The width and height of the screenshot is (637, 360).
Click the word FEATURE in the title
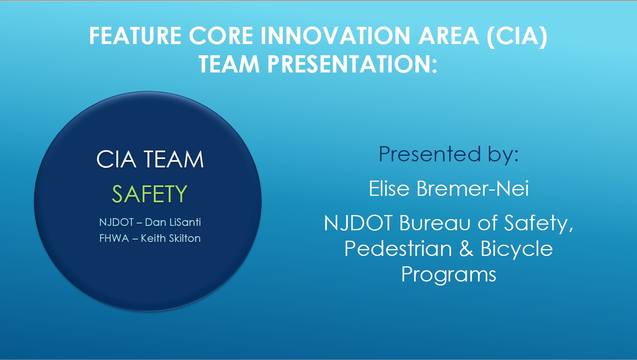[x=135, y=36]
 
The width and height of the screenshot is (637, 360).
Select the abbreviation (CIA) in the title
[x=517, y=36]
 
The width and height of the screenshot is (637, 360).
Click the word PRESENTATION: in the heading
[x=352, y=64]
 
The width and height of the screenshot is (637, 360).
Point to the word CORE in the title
[x=221, y=36]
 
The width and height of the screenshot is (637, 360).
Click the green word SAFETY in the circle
[x=149, y=194]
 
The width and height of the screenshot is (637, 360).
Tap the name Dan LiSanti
[x=173, y=222]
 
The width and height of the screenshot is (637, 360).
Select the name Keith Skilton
[x=171, y=238]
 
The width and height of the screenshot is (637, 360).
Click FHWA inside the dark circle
[x=114, y=238]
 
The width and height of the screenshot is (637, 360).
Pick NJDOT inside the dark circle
[x=116, y=222]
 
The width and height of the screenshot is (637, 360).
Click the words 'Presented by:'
[x=449, y=154]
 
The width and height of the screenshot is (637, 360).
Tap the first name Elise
[x=389, y=188]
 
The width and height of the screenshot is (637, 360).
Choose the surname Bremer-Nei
[x=473, y=188]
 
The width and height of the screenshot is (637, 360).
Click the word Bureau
[x=435, y=223]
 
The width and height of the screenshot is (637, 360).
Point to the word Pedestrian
[x=398, y=249]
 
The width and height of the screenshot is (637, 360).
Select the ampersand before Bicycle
[x=466, y=249]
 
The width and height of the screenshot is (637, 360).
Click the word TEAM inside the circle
[x=174, y=159]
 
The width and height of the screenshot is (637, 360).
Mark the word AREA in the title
[x=448, y=36]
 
